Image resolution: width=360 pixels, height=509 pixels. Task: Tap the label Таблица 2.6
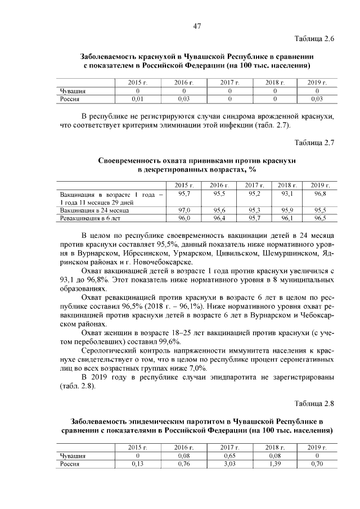(314, 39)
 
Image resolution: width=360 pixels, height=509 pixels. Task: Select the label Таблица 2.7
(314, 142)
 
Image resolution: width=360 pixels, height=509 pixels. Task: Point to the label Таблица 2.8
(314, 403)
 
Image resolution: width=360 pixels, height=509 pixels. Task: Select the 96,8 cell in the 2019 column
(320, 193)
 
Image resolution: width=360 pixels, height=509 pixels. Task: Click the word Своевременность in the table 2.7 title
(133, 160)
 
